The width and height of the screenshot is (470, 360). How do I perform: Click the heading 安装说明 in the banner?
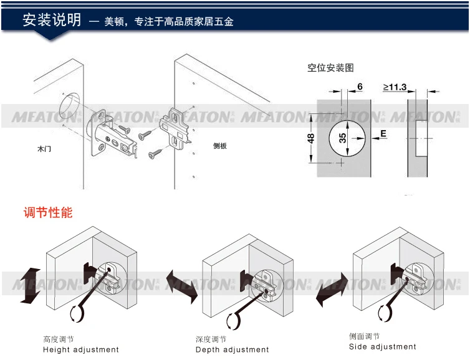point(52,20)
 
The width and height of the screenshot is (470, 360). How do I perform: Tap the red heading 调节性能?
point(48,212)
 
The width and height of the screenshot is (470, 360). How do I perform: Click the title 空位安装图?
point(330,68)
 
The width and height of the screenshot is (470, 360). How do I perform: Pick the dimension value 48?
point(311,138)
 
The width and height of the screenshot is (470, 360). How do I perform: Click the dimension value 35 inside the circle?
point(342,137)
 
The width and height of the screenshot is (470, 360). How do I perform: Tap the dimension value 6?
point(360,87)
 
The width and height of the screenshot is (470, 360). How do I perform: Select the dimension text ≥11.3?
point(395,87)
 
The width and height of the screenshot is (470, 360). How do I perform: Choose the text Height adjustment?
point(80,350)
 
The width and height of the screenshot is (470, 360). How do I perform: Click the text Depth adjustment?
point(233,350)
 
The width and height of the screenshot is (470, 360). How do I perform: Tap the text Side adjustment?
point(382,347)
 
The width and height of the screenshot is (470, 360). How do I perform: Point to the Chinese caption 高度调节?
point(58,340)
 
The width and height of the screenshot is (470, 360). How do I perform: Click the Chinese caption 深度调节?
point(211,340)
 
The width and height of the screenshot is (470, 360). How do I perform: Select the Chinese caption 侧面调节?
point(364,337)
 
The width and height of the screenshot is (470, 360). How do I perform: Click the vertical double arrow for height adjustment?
point(30,286)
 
